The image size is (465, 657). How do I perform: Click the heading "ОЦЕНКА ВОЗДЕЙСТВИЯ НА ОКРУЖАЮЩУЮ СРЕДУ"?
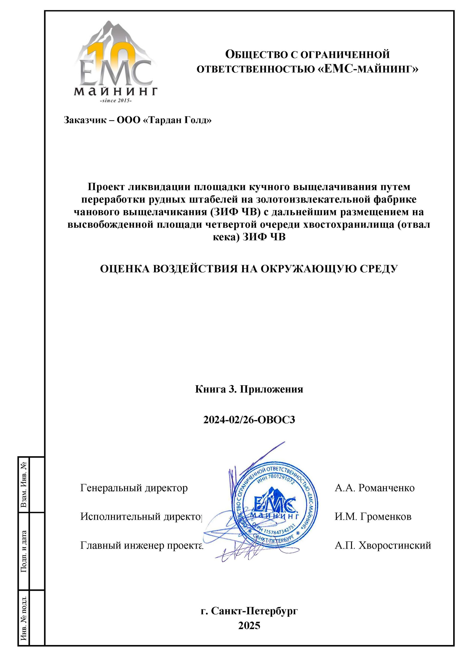coord(249,269)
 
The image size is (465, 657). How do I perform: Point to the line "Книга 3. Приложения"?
coord(249,389)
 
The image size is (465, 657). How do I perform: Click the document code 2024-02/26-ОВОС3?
coord(249,420)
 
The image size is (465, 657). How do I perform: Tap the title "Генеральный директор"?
coord(134,488)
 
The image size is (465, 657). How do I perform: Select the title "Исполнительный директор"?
coord(141,516)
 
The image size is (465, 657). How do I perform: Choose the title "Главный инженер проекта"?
coord(141,545)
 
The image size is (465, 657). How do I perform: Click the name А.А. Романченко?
coord(375,488)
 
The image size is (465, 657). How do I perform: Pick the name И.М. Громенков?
coord(373,516)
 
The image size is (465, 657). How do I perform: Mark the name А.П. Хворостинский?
coord(383,545)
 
